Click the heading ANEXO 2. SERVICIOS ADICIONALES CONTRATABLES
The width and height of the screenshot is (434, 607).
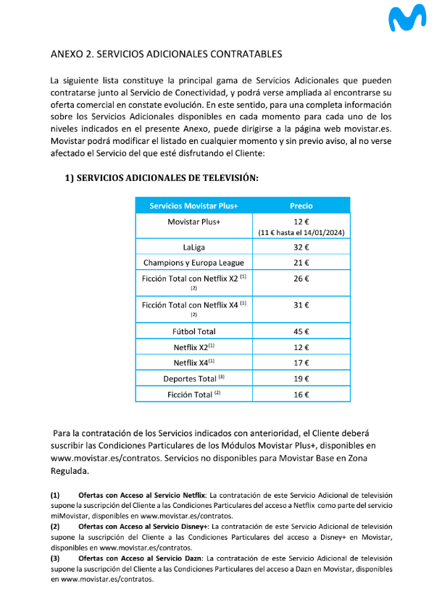(x=166, y=54)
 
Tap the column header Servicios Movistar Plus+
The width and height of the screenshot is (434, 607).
(x=193, y=205)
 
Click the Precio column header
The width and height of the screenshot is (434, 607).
(x=301, y=205)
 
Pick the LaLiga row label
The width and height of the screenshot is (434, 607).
(x=193, y=247)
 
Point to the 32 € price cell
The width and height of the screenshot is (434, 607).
(x=301, y=247)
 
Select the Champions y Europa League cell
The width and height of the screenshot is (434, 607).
(x=193, y=263)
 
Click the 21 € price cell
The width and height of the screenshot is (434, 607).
(x=301, y=263)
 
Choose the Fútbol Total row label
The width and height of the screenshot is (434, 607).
(x=193, y=331)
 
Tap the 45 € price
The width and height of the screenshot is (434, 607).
(x=301, y=331)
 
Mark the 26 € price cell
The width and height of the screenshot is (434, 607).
(x=301, y=279)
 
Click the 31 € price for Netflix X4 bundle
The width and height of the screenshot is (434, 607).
(x=301, y=305)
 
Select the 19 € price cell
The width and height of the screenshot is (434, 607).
(x=301, y=378)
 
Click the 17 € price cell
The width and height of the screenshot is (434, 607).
(x=301, y=362)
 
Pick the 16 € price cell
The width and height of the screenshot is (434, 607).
(x=301, y=394)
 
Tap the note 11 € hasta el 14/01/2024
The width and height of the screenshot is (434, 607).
(x=301, y=232)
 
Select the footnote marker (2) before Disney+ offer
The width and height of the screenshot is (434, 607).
(x=55, y=526)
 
